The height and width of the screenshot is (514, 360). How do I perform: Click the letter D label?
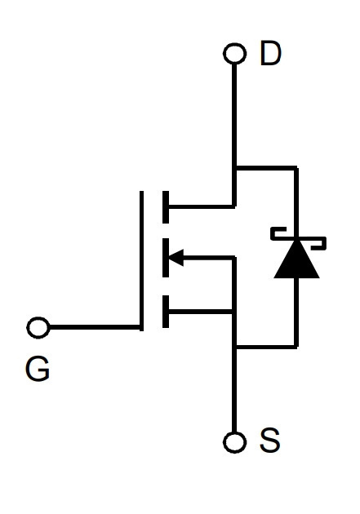click(270, 53)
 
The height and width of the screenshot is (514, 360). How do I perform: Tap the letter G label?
click(38, 369)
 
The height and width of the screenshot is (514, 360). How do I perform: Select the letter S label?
click(270, 440)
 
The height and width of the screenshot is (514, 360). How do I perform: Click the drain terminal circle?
click(234, 53)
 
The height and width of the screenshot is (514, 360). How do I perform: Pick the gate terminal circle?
click(38, 327)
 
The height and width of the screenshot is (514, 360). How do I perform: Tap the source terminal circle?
click(234, 442)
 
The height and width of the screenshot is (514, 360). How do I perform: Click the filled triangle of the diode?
click(296, 259)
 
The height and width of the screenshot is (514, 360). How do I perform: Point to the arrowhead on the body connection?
click(176, 257)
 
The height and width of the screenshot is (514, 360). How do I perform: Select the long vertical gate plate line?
click(141, 261)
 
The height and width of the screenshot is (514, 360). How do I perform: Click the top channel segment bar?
click(166, 207)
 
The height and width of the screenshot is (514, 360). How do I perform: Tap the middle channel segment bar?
click(166, 258)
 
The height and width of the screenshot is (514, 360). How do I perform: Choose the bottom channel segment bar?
click(166, 312)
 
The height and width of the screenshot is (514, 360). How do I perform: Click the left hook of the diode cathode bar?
click(278, 233)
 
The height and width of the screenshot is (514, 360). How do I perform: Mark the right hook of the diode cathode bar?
click(318, 243)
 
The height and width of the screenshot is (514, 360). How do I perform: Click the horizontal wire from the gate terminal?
click(95, 327)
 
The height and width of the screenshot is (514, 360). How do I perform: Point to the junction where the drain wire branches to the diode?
click(234, 168)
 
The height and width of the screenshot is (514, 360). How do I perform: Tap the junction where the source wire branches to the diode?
click(234, 346)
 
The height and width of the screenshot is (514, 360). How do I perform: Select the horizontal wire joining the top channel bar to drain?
click(202, 207)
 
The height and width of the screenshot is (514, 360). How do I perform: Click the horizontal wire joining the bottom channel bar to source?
click(201, 312)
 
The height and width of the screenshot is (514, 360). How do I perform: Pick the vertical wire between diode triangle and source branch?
click(296, 312)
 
